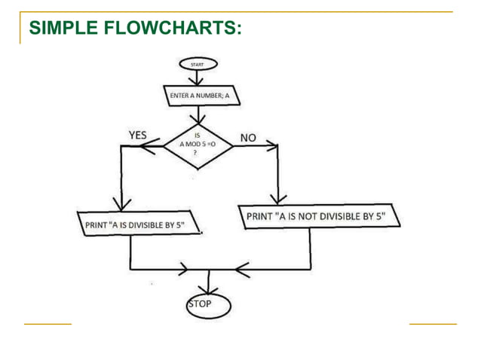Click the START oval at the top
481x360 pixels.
(198, 66)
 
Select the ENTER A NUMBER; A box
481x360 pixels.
(198, 96)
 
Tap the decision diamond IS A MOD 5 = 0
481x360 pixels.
(198, 146)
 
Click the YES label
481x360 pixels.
(137, 136)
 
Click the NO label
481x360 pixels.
(248, 138)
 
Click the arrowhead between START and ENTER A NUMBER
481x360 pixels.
(198, 81)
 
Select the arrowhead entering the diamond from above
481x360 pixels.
(198, 118)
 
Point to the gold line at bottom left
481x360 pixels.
(47, 324)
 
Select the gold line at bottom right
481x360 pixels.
(433, 324)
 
